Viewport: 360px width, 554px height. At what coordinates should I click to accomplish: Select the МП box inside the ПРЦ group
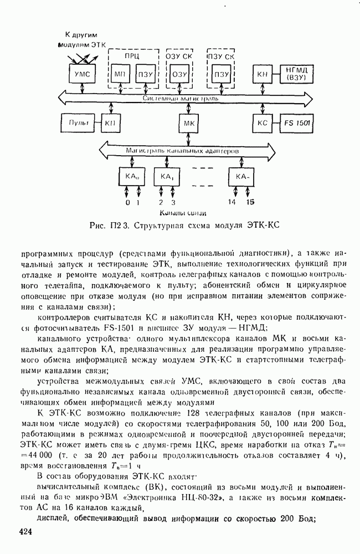[x=119, y=74]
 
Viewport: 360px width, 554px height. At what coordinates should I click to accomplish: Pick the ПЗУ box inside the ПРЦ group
[x=145, y=74]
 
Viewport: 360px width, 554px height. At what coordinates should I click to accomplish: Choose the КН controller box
[x=261, y=74]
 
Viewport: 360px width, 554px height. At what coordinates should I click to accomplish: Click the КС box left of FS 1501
[x=261, y=122]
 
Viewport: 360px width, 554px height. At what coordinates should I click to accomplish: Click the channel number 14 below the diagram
[x=231, y=203]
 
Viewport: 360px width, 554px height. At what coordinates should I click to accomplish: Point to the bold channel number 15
[x=250, y=203]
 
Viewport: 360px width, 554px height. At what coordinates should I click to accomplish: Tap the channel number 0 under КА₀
[x=126, y=203]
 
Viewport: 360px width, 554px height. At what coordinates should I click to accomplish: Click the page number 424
[x=27, y=533]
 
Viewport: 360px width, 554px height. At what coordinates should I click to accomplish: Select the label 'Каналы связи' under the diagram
[x=183, y=213]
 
